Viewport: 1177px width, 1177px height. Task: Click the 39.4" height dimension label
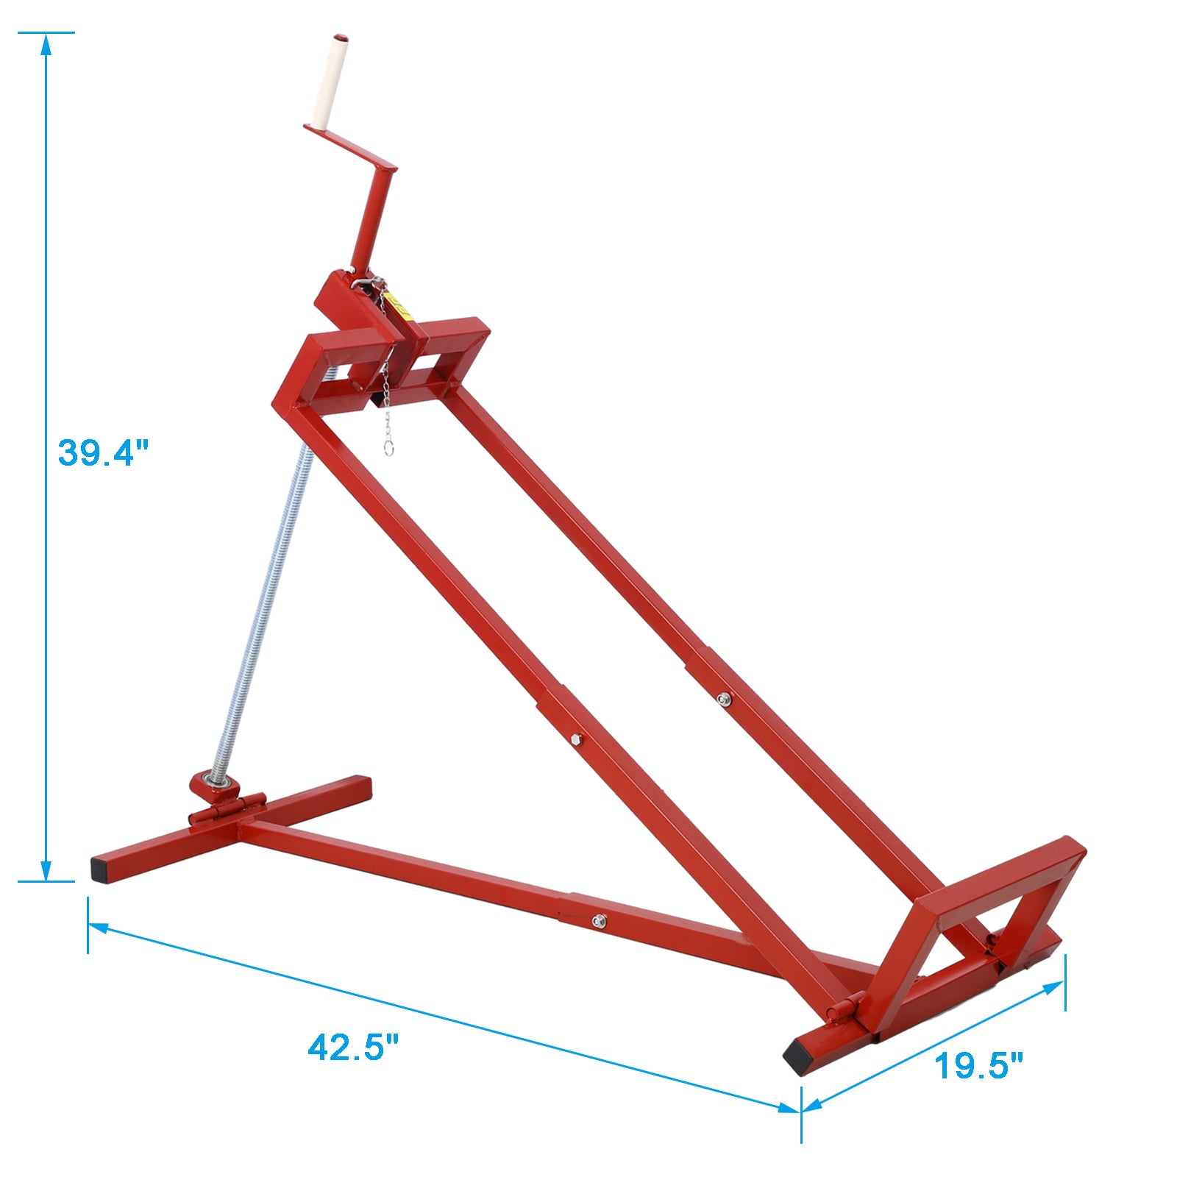(x=103, y=452)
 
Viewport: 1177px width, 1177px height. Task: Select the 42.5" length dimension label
(x=352, y=1047)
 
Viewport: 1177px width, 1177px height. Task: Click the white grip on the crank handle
(x=328, y=81)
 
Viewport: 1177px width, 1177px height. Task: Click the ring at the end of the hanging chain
(x=388, y=447)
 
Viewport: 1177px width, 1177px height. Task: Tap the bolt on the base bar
(x=600, y=920)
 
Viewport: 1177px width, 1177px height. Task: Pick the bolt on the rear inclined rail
(x=724, y=698)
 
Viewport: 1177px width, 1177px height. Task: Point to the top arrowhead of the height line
(x=46, y=43)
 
